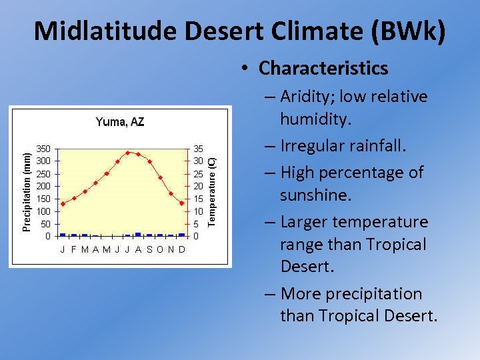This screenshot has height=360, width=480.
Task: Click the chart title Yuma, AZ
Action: (x=120, y=122)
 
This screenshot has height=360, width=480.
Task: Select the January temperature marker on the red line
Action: (x=63, y=204)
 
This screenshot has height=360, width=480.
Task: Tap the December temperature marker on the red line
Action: (x=182, y=203)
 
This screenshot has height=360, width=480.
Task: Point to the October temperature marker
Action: (x=160, y=178)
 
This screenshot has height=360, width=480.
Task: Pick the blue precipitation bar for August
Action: (x=138, y=234)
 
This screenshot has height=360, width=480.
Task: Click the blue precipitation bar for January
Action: (x=63, y=235)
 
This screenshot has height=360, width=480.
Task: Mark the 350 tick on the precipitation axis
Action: (x=43, y=148)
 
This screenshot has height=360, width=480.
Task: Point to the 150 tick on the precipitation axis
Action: (x=43, y=199)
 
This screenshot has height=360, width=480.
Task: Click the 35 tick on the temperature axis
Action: (x=199, y=148)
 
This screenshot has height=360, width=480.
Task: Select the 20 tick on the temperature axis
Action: (x=199, y=186)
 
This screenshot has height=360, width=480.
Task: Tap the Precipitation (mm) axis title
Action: (x=26, y=192)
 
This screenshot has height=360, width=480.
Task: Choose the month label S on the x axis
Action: (x=149, y=250)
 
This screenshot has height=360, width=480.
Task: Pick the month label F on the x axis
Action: (x=73, y=250)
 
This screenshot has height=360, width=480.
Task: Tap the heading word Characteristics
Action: (x=323, y=68)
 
